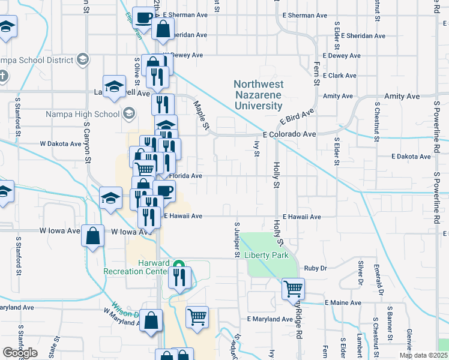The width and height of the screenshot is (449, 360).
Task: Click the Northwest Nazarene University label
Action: pos(258,95)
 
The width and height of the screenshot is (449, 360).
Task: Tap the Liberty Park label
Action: pos(267,255)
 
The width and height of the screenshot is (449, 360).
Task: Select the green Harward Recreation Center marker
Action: pos(178,264)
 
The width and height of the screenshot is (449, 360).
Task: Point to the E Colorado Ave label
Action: pos(289,134)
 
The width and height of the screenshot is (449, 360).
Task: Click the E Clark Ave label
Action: pos(339,76)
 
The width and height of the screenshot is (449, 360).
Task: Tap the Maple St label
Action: pos(201,115)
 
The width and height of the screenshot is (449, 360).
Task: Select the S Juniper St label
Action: pos(237,238)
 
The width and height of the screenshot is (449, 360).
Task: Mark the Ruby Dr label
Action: pos(315,268)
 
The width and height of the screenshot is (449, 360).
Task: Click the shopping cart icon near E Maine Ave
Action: pos(293,288)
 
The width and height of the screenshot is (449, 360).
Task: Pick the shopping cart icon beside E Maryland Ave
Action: pos(197,316)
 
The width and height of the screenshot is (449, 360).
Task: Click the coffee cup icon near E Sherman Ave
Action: pos(143,17)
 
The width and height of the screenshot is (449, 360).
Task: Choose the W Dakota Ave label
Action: pos(60,144)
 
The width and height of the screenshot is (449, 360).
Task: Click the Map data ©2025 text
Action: pos(424,355)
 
